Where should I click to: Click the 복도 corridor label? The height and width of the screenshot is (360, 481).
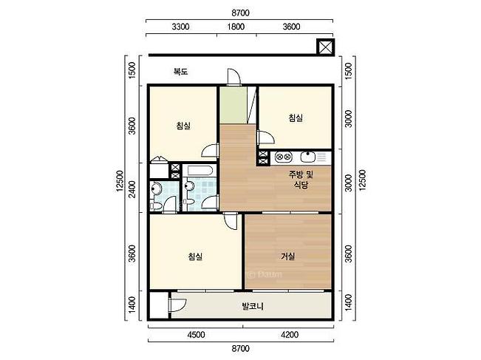click(180, 72)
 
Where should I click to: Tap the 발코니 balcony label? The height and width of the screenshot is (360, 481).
click(253, 306)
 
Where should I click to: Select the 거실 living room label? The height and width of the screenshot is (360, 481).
click(288, 256)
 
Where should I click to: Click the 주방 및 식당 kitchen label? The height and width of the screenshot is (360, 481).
click(301, 180)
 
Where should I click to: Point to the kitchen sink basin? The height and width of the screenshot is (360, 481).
click(308, 157)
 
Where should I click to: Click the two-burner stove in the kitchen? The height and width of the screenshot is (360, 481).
click(284, 157)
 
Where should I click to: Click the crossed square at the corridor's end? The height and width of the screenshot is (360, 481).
click(326, 47)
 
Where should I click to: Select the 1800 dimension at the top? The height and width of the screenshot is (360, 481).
click(236, 27)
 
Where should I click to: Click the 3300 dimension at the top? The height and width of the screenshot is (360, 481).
click(180, 27)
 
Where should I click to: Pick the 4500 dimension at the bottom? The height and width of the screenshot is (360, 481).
click(196, 334)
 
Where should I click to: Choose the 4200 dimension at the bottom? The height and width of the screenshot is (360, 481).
click(290, 334)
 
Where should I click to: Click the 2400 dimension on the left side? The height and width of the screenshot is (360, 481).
click(132, 189)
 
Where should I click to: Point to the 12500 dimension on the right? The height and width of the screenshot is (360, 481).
click(363, 180)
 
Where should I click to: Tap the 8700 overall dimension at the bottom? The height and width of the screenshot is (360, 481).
click(241, 349)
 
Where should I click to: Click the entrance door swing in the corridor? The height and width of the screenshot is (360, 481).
click(234, 76)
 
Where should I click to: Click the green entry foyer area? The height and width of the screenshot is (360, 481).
click(233, 105)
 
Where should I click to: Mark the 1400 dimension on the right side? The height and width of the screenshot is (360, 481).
click(349, 302)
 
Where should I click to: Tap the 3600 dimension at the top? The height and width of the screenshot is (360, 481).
click(291, 27)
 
